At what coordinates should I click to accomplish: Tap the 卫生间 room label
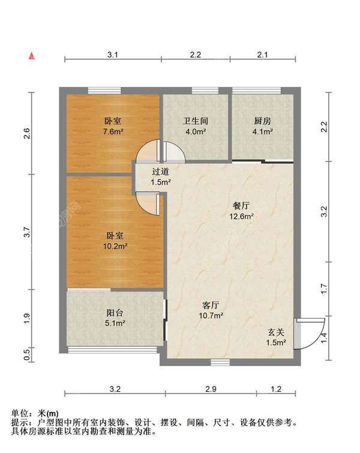click(x=195, y=120)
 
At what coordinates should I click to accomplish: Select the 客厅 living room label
click(x=212, y=304)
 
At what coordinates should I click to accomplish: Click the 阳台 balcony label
click(x=115, y=313)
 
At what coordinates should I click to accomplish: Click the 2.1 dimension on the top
click(x=262, y=55)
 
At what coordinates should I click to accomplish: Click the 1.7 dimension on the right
click(x=324, y=289)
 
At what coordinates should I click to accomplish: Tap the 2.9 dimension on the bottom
click(x=210, y=389)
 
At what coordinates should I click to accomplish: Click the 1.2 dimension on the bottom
click(x=275, y=389)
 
